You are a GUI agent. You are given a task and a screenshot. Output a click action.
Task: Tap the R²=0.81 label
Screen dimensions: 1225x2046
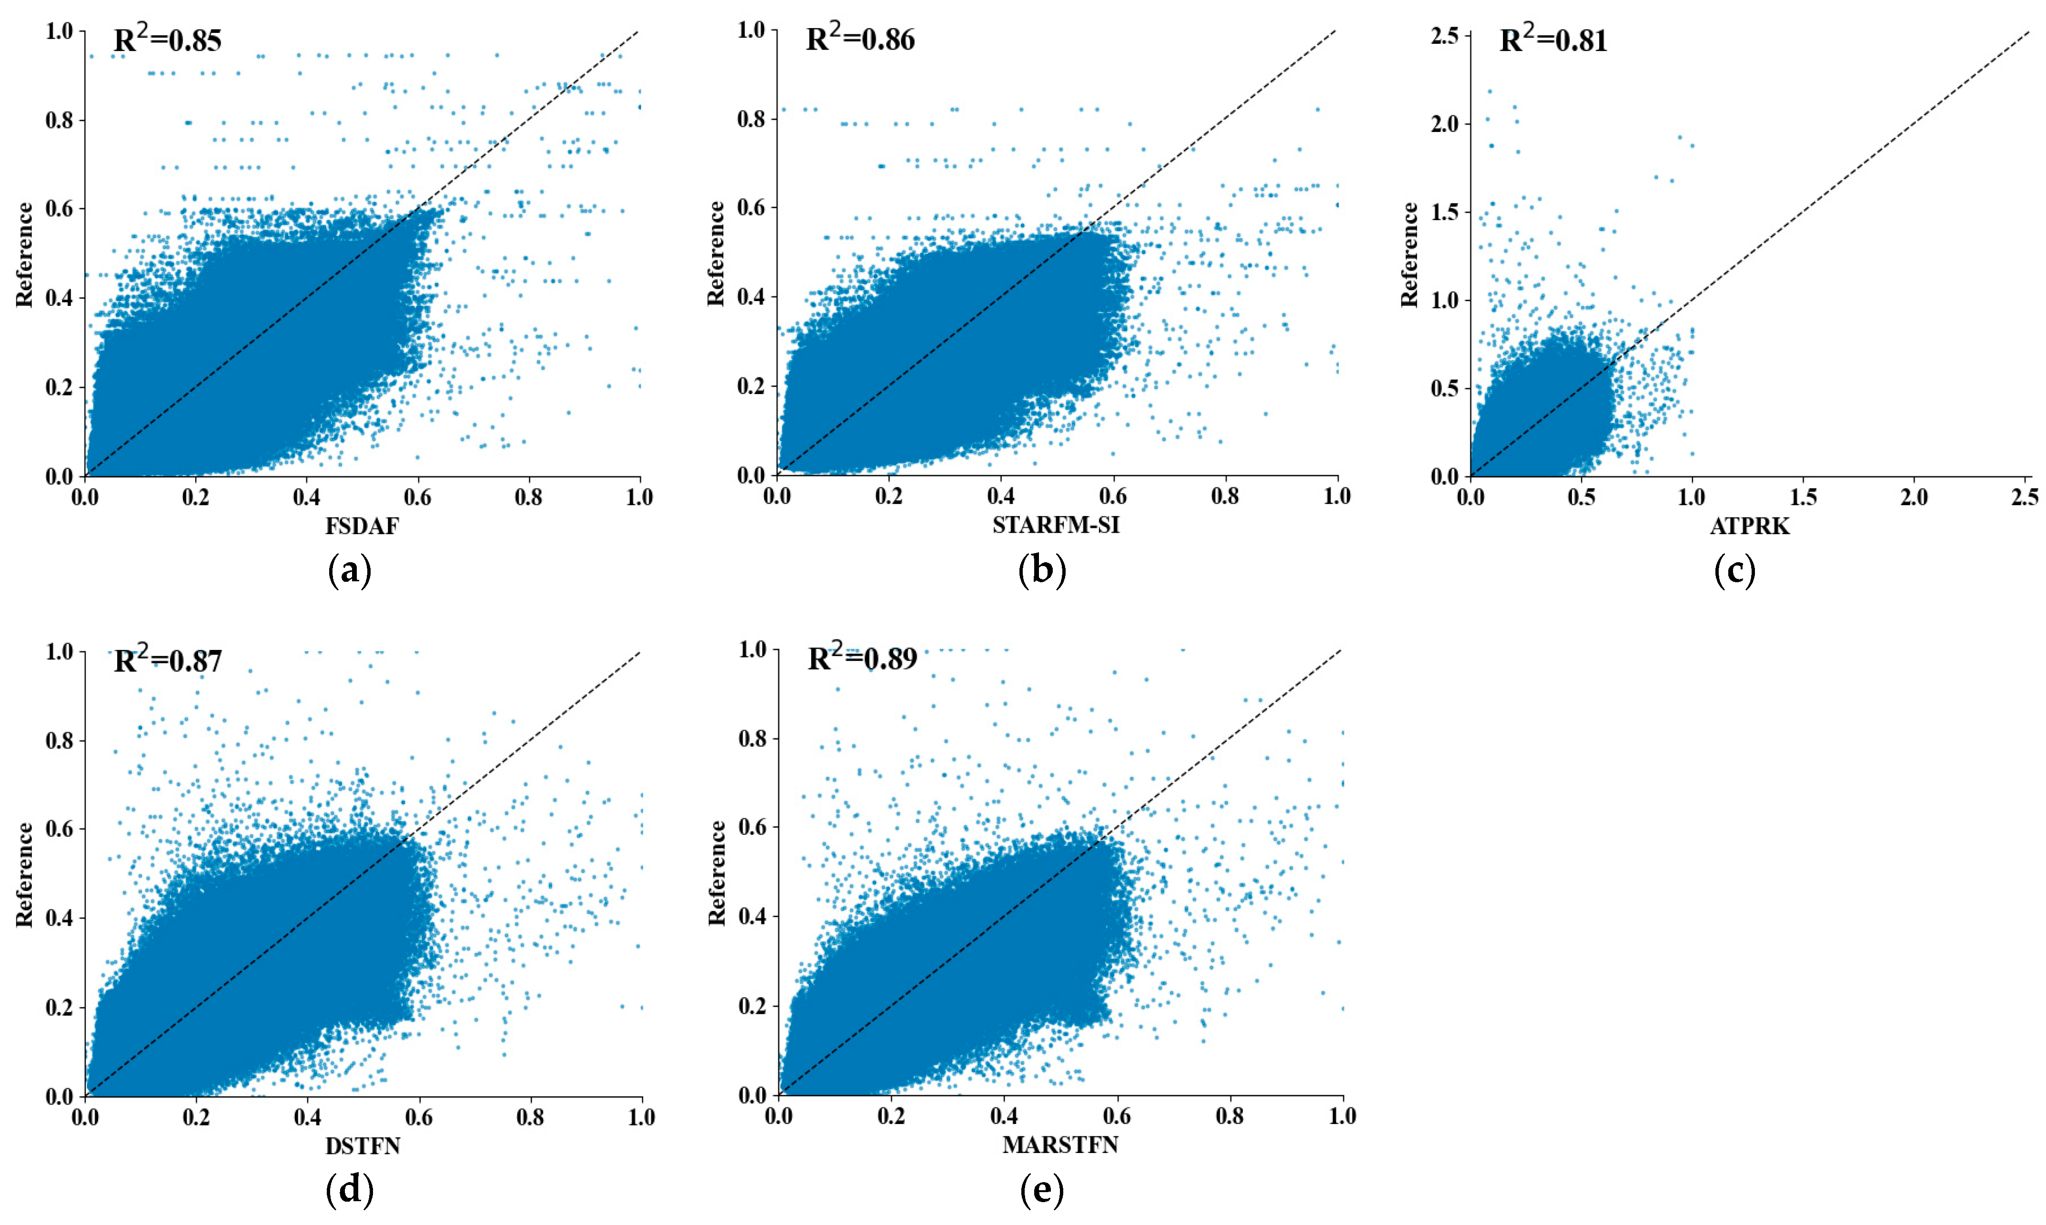[1553, 40]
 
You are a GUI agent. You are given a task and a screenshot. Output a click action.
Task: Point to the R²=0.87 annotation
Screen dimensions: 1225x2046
[168, 660]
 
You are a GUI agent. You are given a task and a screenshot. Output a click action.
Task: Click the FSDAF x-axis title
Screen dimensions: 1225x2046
[362, 526]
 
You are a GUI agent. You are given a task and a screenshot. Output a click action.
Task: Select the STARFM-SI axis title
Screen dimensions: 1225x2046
[1056, 525]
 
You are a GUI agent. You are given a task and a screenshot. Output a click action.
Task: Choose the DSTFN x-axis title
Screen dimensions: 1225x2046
[363, 1146]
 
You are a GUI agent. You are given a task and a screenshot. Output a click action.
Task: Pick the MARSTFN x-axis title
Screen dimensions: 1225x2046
[1060, 1145]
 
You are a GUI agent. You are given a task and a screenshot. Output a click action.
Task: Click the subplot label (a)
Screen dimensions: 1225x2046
[349, 570]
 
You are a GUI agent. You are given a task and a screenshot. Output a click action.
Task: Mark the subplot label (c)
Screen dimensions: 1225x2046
[1734, 570]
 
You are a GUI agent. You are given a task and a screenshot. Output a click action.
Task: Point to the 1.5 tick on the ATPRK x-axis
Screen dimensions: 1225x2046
[1804, 497]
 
